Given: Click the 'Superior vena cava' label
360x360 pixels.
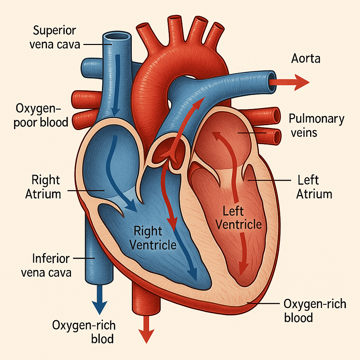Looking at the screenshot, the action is [54, 38].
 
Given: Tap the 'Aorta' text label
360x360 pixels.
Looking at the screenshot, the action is [306, 58].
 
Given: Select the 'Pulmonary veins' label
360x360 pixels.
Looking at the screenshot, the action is [316, 126].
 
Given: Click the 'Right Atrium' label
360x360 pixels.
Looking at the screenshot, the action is [43, 187].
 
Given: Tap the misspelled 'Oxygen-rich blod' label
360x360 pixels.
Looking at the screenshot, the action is [84, 332].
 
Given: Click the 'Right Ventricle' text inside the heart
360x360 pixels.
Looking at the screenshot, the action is [153, 238].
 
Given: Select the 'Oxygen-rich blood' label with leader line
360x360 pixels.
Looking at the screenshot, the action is [315, 310].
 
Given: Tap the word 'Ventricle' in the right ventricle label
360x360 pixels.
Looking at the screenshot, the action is [153, 244].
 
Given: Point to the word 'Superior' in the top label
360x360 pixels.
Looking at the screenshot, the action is [54, 31].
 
